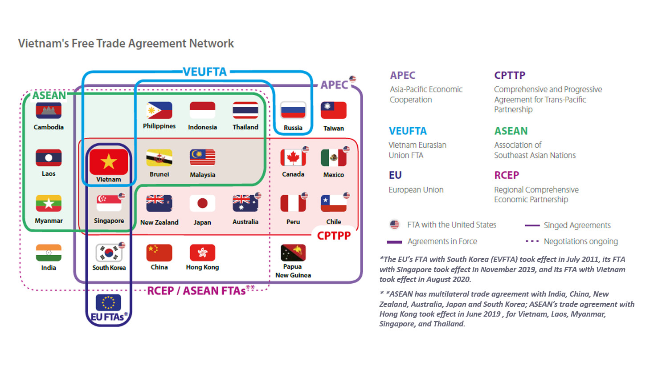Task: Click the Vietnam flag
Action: (x=109, y=162)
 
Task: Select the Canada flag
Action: (x=293, y=158)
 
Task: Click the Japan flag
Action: (x=202, y=204)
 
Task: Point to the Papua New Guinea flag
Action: (x=293, y=253)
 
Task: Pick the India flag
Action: (x=49, y=253)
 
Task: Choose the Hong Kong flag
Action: (x=202, y=253)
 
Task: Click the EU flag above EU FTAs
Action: (x=108, y=302)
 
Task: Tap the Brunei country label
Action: (x=159, y=174)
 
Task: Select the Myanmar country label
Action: (x=49, y=221)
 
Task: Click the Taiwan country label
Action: (x=334, y=128)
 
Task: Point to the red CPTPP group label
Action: (x=334, y=236)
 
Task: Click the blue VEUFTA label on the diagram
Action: (x=205, y=72)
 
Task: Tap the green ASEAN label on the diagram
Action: (x=49, y=95)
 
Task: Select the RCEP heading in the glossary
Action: (x=507, y=175)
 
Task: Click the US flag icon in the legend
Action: (x=395, y=225)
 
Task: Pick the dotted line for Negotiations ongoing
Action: (x=532, y=241)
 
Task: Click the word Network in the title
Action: (x=212, y=44)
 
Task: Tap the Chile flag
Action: (x=333, y=204)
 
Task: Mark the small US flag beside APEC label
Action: (x=352, y=79)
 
